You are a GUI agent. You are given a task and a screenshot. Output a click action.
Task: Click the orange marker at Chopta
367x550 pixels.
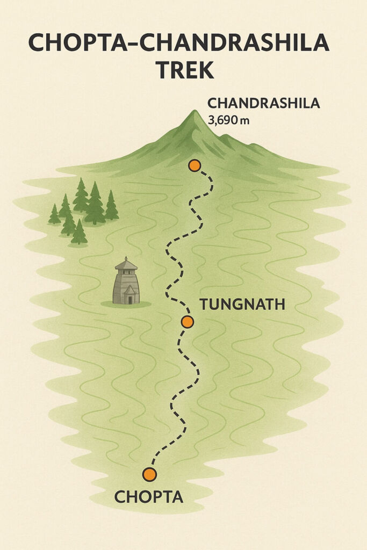tap(149, 474)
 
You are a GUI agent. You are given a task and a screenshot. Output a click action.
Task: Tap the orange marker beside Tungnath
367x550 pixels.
tap(187, 322)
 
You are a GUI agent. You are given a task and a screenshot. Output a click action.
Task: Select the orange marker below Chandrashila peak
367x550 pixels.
tap(195, 165)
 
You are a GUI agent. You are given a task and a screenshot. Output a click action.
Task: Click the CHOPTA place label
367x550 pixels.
tap(149, 497)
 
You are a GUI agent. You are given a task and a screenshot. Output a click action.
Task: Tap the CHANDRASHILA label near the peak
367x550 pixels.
tap(263, 103)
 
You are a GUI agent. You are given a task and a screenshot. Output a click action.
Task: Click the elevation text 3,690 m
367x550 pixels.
tap(228, 120)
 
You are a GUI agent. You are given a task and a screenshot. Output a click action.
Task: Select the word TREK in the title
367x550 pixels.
tap(183, 70)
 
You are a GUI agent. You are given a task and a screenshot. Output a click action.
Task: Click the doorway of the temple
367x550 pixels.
tap(129, 295)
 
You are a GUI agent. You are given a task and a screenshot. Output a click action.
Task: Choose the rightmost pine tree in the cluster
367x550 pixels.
tap(111, 205)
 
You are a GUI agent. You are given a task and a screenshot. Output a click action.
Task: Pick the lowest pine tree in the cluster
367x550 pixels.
tap(79, 232)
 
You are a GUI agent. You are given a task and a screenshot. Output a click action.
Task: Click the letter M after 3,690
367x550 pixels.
tap(245, 121)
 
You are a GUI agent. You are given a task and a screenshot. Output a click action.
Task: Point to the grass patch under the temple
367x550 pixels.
tap(126, 305)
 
